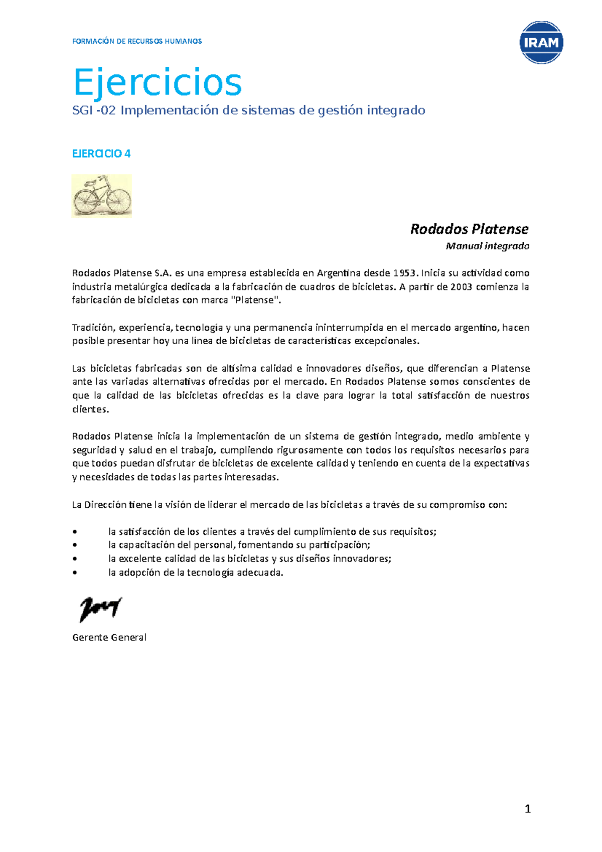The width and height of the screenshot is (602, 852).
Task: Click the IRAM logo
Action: [x=541, y=43]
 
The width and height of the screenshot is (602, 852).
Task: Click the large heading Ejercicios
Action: [x=158, y=82]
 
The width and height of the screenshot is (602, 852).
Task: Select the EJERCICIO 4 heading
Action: [x=101, y=154]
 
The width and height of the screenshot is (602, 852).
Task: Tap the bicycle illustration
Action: [x=102, y=196]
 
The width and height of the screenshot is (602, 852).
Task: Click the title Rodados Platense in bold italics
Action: [x=469, y=229]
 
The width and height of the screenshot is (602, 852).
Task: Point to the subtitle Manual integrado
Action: [x=487, y=246]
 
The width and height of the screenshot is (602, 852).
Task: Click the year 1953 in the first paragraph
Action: [x=404, y=273]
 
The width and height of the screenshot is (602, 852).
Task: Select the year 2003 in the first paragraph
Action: [x=461, y=287]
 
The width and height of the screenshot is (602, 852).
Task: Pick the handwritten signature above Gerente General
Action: [x=100, y=609]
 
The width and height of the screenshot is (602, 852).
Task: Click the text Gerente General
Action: [x=109, y=637]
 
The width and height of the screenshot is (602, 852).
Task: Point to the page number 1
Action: [x=527, y=808]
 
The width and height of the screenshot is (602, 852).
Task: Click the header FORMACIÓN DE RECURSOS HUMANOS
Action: [x=137, y=41]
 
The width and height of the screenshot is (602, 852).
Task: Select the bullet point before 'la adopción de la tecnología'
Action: [x=75, y=573]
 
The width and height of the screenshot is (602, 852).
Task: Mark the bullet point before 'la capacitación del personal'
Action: [x=75, y=545]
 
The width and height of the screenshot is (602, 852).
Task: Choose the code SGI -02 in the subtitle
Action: [x=94, y=110]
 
